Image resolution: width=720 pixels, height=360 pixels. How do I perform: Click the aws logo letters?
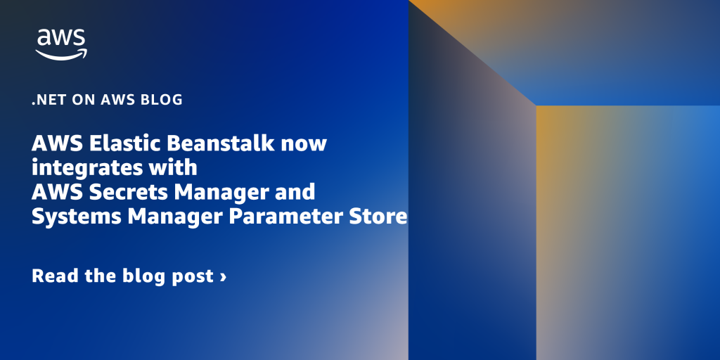(x=61, y=38)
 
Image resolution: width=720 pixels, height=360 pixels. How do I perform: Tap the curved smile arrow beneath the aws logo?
(x=61, y=54)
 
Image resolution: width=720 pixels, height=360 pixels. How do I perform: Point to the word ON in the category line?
(x=82, y=100)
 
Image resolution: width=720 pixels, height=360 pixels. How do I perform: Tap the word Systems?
(x=76, y=217)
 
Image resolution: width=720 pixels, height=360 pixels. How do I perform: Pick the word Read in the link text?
(x=55, y=276)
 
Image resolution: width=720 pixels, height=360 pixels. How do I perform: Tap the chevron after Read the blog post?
(x=223, y=276)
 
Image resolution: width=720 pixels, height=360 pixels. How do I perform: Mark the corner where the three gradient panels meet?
(x=536, y=105)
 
